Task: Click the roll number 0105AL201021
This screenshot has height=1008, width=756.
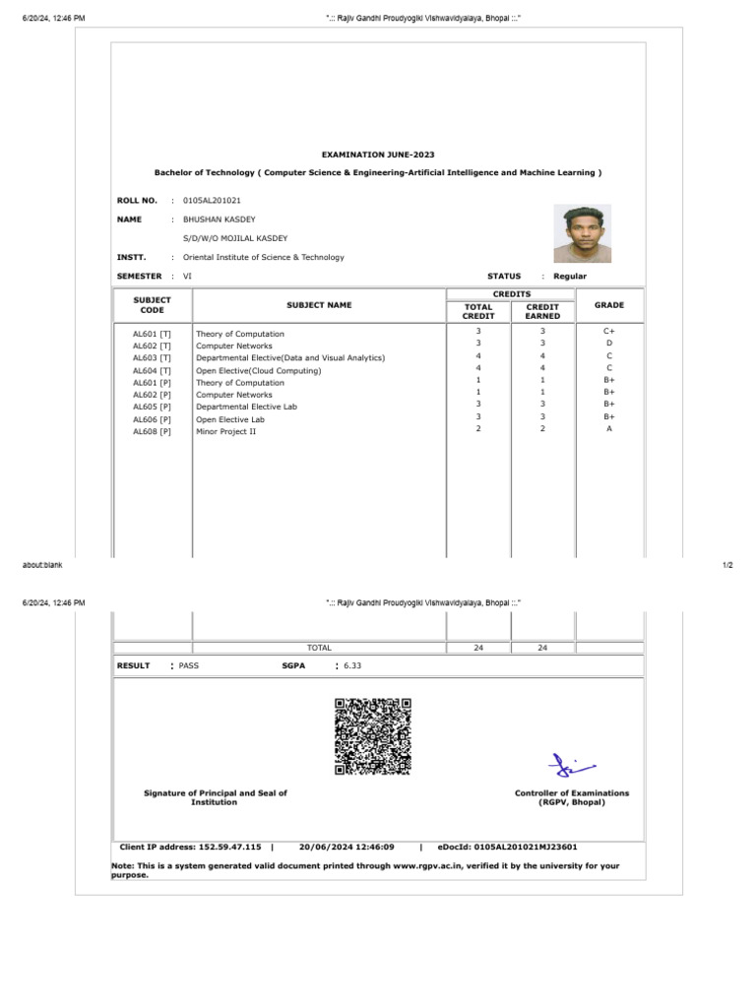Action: coord(212,201)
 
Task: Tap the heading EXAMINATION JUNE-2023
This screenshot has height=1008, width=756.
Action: coord(378,155)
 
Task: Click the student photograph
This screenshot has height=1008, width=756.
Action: coord(582,233)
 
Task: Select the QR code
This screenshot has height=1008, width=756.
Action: coord(372,736)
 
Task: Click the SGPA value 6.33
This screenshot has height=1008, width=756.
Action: coord(352,665)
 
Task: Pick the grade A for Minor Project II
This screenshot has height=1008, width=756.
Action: coord(609,429)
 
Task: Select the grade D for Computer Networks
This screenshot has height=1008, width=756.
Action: coord(609,344)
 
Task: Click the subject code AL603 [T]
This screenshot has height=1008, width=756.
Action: coord(152,358)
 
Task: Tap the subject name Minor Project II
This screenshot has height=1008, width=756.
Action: coord(225,431)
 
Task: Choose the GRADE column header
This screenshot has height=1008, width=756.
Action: coord(609,305)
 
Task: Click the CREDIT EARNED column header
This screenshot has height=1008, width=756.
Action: coord(542,311)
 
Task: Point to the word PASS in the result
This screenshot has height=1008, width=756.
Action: coord(189,665)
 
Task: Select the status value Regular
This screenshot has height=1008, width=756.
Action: coord(570,277)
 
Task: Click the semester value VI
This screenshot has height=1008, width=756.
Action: coord(187,277)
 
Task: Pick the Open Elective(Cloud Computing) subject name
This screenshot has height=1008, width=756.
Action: coord(258,371)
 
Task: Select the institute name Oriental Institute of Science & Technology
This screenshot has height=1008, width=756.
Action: coord(264,257)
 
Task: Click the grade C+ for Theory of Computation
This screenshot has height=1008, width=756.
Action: coord(609,332)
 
